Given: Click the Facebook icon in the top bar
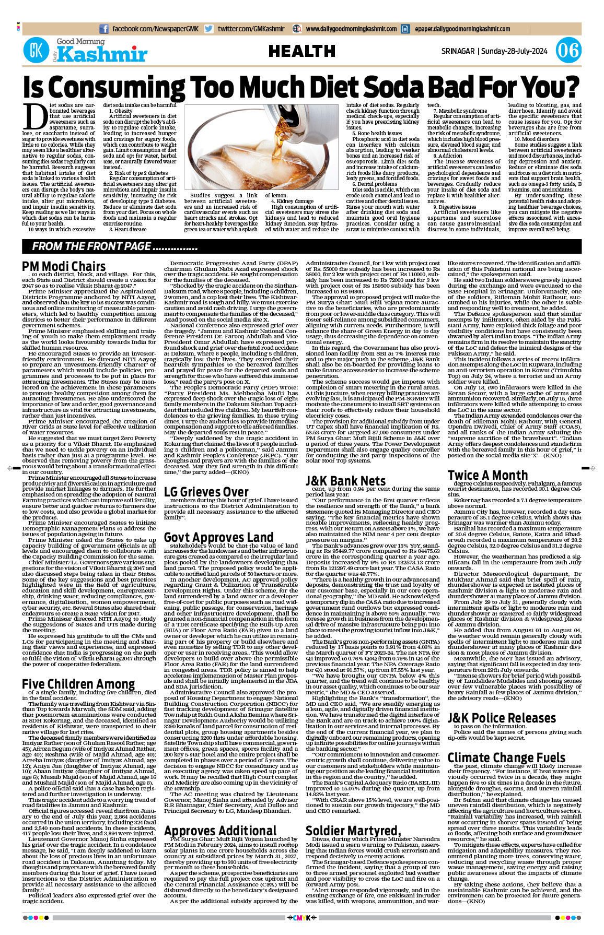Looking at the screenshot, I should tap(104, 29).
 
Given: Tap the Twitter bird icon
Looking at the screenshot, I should tap(209, 29).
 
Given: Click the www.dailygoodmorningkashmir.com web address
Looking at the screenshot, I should tap(351, 29).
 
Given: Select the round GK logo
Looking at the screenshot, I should tap(37, 51).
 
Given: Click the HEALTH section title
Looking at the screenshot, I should tap(302, 51).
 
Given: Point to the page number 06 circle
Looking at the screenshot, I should tap(568, 51).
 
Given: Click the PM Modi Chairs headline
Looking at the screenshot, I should tap(64, 266).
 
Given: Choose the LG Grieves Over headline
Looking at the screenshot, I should tap(206, 492).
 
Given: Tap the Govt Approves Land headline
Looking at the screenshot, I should tap(218, 537).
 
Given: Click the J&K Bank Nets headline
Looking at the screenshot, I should tap(345, 480).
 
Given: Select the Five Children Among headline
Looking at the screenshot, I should tap(78, 684).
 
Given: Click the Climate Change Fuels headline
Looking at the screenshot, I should tap(506, 758).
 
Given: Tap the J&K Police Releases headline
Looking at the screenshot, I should tap(502, 718).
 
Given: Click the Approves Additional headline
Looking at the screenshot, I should tap(220, 831).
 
